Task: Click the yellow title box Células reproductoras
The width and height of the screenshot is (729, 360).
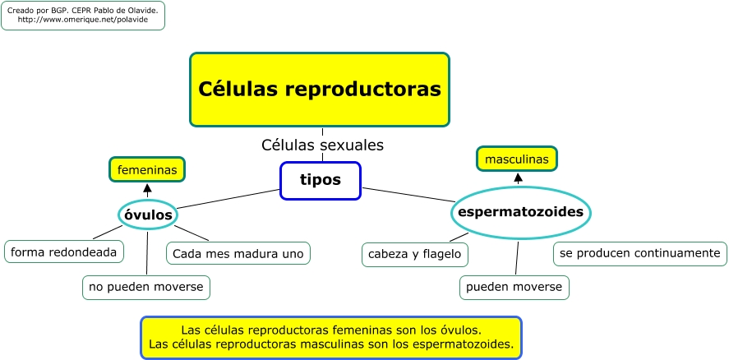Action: click(320, 89)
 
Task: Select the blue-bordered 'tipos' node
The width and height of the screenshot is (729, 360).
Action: click(320, 180)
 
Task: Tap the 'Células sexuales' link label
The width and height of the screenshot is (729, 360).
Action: click(322, 145)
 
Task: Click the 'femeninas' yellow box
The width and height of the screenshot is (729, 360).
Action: click(147, 169)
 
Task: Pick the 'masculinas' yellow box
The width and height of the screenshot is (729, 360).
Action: click(516, 159)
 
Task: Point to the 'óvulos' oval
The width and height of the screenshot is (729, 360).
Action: click(148, 215)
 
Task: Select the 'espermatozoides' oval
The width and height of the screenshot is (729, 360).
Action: click(521, 212)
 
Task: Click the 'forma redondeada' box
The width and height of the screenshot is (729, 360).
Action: click(64, 252)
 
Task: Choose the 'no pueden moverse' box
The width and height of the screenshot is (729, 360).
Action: click(146, 287)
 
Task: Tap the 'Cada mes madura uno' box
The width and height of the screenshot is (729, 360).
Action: click(238, 253)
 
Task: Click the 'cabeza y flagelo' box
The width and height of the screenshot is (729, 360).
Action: click(415, 255)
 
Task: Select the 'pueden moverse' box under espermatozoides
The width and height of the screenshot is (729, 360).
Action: click(514, 287)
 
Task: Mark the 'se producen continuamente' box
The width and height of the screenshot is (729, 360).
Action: click(640, 253)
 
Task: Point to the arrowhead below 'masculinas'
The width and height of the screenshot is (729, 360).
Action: click(518, 178)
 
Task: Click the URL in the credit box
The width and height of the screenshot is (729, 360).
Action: click(83, 20)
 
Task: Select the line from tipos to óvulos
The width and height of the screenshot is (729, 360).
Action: click(228, 199)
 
